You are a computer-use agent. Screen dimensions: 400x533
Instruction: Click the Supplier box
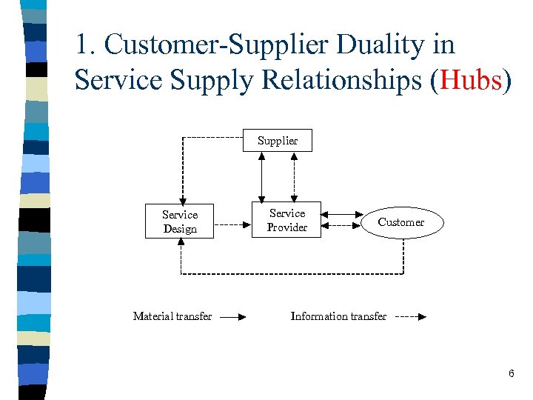(x=278, y=141)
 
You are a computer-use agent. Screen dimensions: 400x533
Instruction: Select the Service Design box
(x=180, y=221)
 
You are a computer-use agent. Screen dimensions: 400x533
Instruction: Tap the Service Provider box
(x=286, y=220)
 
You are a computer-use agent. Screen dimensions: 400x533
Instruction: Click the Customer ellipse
(x=401, y=222)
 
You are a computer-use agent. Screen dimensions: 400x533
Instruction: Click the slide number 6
(x=511, y=374)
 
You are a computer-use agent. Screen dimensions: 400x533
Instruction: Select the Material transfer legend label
(x=172, y=316)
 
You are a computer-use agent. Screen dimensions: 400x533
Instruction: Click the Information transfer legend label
(x=338, y=316)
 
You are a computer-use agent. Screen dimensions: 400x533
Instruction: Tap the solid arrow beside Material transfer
(x=232, y=316)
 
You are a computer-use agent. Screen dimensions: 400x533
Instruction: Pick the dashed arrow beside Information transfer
(x=410, y=316)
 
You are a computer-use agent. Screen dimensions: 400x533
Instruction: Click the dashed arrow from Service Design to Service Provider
(x=235, y=222)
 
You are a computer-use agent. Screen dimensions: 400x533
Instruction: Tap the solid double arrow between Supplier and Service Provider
(x=261, y=176)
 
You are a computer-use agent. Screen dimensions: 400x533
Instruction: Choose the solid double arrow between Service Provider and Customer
(x=342, y=215)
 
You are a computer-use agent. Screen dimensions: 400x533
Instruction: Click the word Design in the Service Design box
(x=180, y=229)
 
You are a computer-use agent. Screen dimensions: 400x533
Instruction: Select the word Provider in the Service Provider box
(x=286, y=227)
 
